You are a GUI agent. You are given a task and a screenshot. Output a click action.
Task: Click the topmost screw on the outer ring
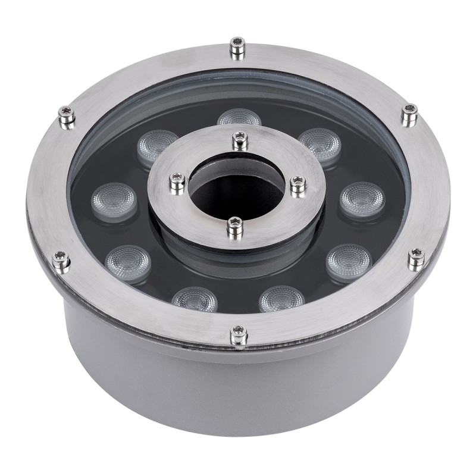point(237,46)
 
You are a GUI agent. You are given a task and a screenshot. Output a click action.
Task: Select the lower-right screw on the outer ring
point(416,256)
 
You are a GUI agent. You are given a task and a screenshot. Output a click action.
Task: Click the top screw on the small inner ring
point(239,140)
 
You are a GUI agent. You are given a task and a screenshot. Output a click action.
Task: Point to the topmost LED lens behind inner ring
point(239,118)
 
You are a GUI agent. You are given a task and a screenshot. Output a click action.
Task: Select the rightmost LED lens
point(362,198)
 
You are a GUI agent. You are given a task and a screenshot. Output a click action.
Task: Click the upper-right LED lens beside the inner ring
point(320,143)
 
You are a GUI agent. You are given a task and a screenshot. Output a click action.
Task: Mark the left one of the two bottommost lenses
point(194,299)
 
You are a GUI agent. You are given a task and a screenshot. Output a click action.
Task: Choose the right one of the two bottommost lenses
point(282,299)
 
